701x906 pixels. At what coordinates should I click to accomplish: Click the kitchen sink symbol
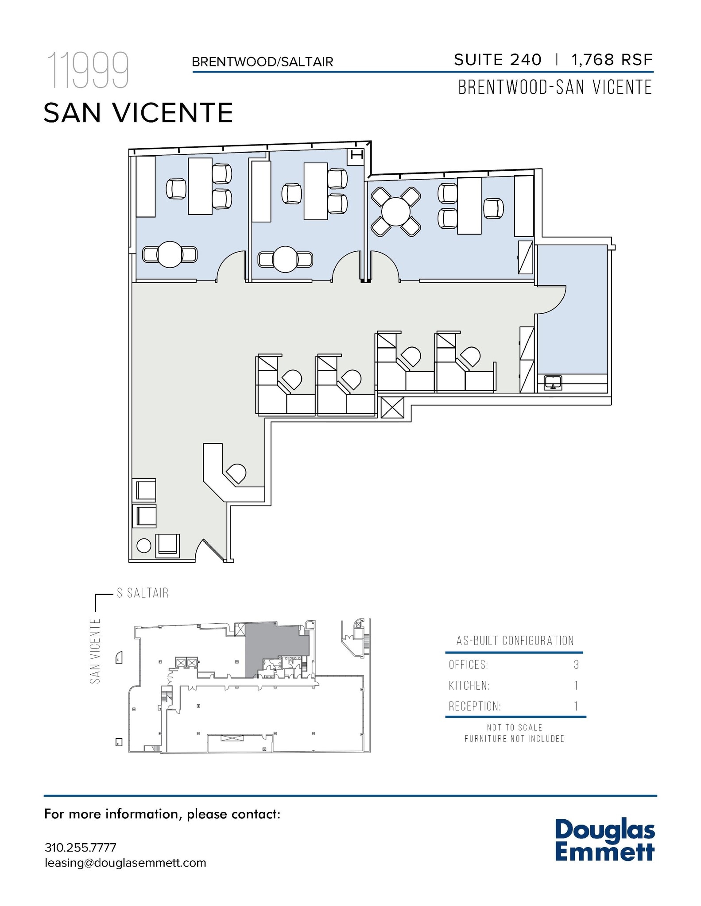553,383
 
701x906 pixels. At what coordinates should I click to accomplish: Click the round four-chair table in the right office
395,211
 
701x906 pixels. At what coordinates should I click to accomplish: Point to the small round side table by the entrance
144,545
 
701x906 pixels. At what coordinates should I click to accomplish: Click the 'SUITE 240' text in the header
497,60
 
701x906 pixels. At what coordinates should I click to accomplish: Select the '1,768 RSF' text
612,60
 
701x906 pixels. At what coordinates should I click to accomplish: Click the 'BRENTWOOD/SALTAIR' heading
262,62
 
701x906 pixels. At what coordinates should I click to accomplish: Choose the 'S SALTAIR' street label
143,593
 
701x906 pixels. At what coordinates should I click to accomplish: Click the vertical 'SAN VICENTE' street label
95,651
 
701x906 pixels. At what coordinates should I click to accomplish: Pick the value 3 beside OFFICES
576,664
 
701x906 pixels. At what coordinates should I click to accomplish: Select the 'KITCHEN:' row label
469,686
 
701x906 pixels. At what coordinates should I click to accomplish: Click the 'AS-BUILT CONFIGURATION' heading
515,641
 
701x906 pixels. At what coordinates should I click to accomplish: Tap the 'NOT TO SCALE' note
515,727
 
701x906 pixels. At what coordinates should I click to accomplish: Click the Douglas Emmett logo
604,841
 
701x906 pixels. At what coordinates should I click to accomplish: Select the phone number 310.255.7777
81,848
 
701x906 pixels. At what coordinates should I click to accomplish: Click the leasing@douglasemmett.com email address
125,863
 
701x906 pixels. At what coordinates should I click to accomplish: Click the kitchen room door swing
551,300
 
